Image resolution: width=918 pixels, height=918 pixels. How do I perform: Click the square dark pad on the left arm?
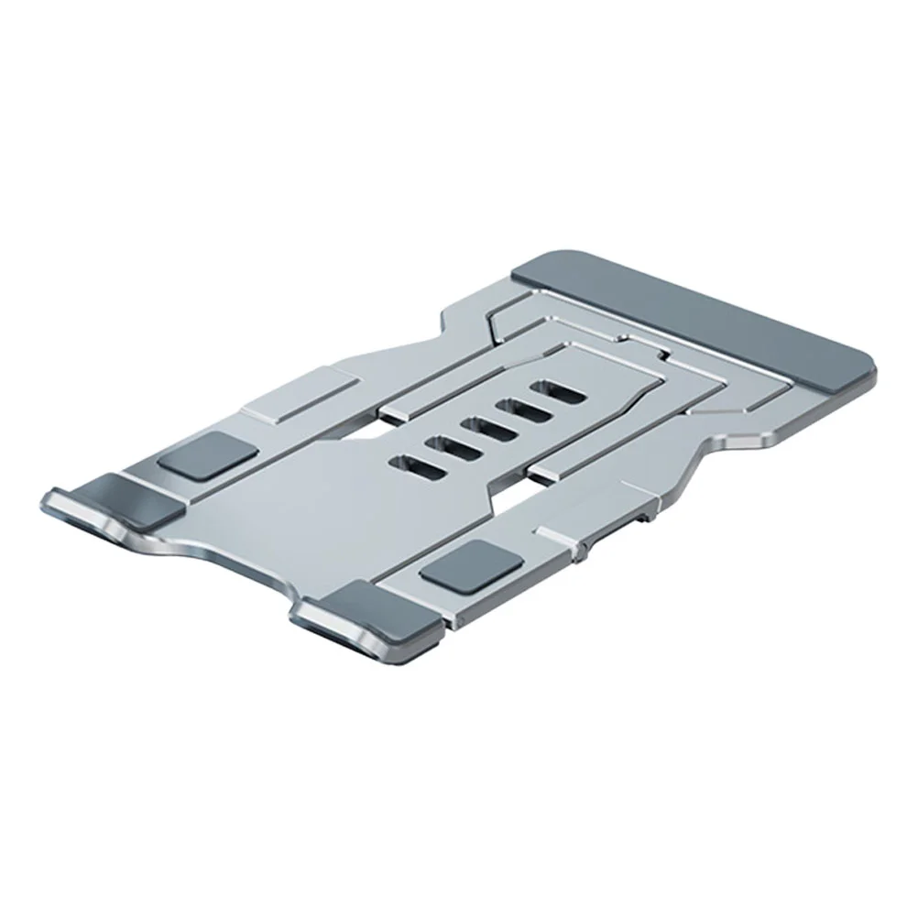click(x=205, y=454)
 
